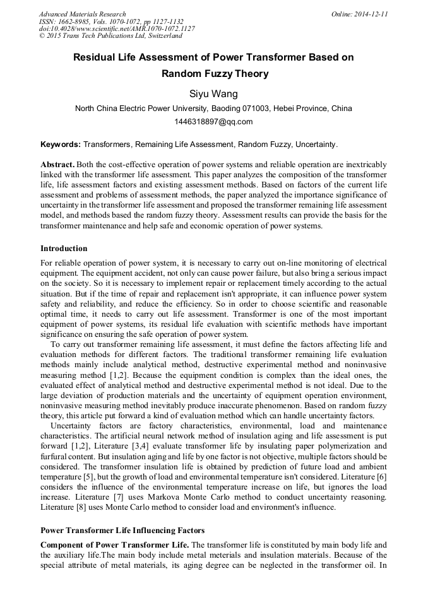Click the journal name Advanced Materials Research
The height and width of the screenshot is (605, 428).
coord(82,13)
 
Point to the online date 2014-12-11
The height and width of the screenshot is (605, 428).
coord(371,13)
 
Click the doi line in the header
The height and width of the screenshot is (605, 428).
coord(116,28)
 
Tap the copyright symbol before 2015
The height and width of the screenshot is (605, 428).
coord(42,36)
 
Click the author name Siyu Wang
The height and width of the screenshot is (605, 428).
coord(213,94)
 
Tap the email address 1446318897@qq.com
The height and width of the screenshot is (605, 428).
coord(213,122)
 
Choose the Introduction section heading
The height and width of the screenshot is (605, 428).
coord(64,249)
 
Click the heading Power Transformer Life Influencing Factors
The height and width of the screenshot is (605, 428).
coord(122,530)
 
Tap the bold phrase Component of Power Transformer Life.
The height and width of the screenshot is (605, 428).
coord(114,544)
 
